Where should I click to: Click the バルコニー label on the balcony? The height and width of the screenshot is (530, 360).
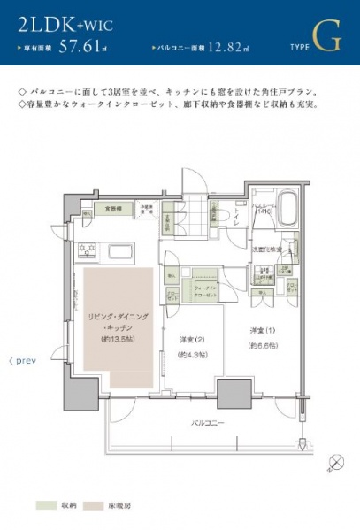(208, 423)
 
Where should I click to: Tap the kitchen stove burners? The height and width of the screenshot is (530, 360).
(88, 250)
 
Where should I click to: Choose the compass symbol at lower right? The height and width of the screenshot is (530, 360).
(336, 461)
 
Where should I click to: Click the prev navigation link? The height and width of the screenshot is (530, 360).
(21, 361)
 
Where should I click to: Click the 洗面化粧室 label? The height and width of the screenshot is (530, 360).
(269, 249)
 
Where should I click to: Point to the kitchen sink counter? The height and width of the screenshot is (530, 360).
(119, 251)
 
